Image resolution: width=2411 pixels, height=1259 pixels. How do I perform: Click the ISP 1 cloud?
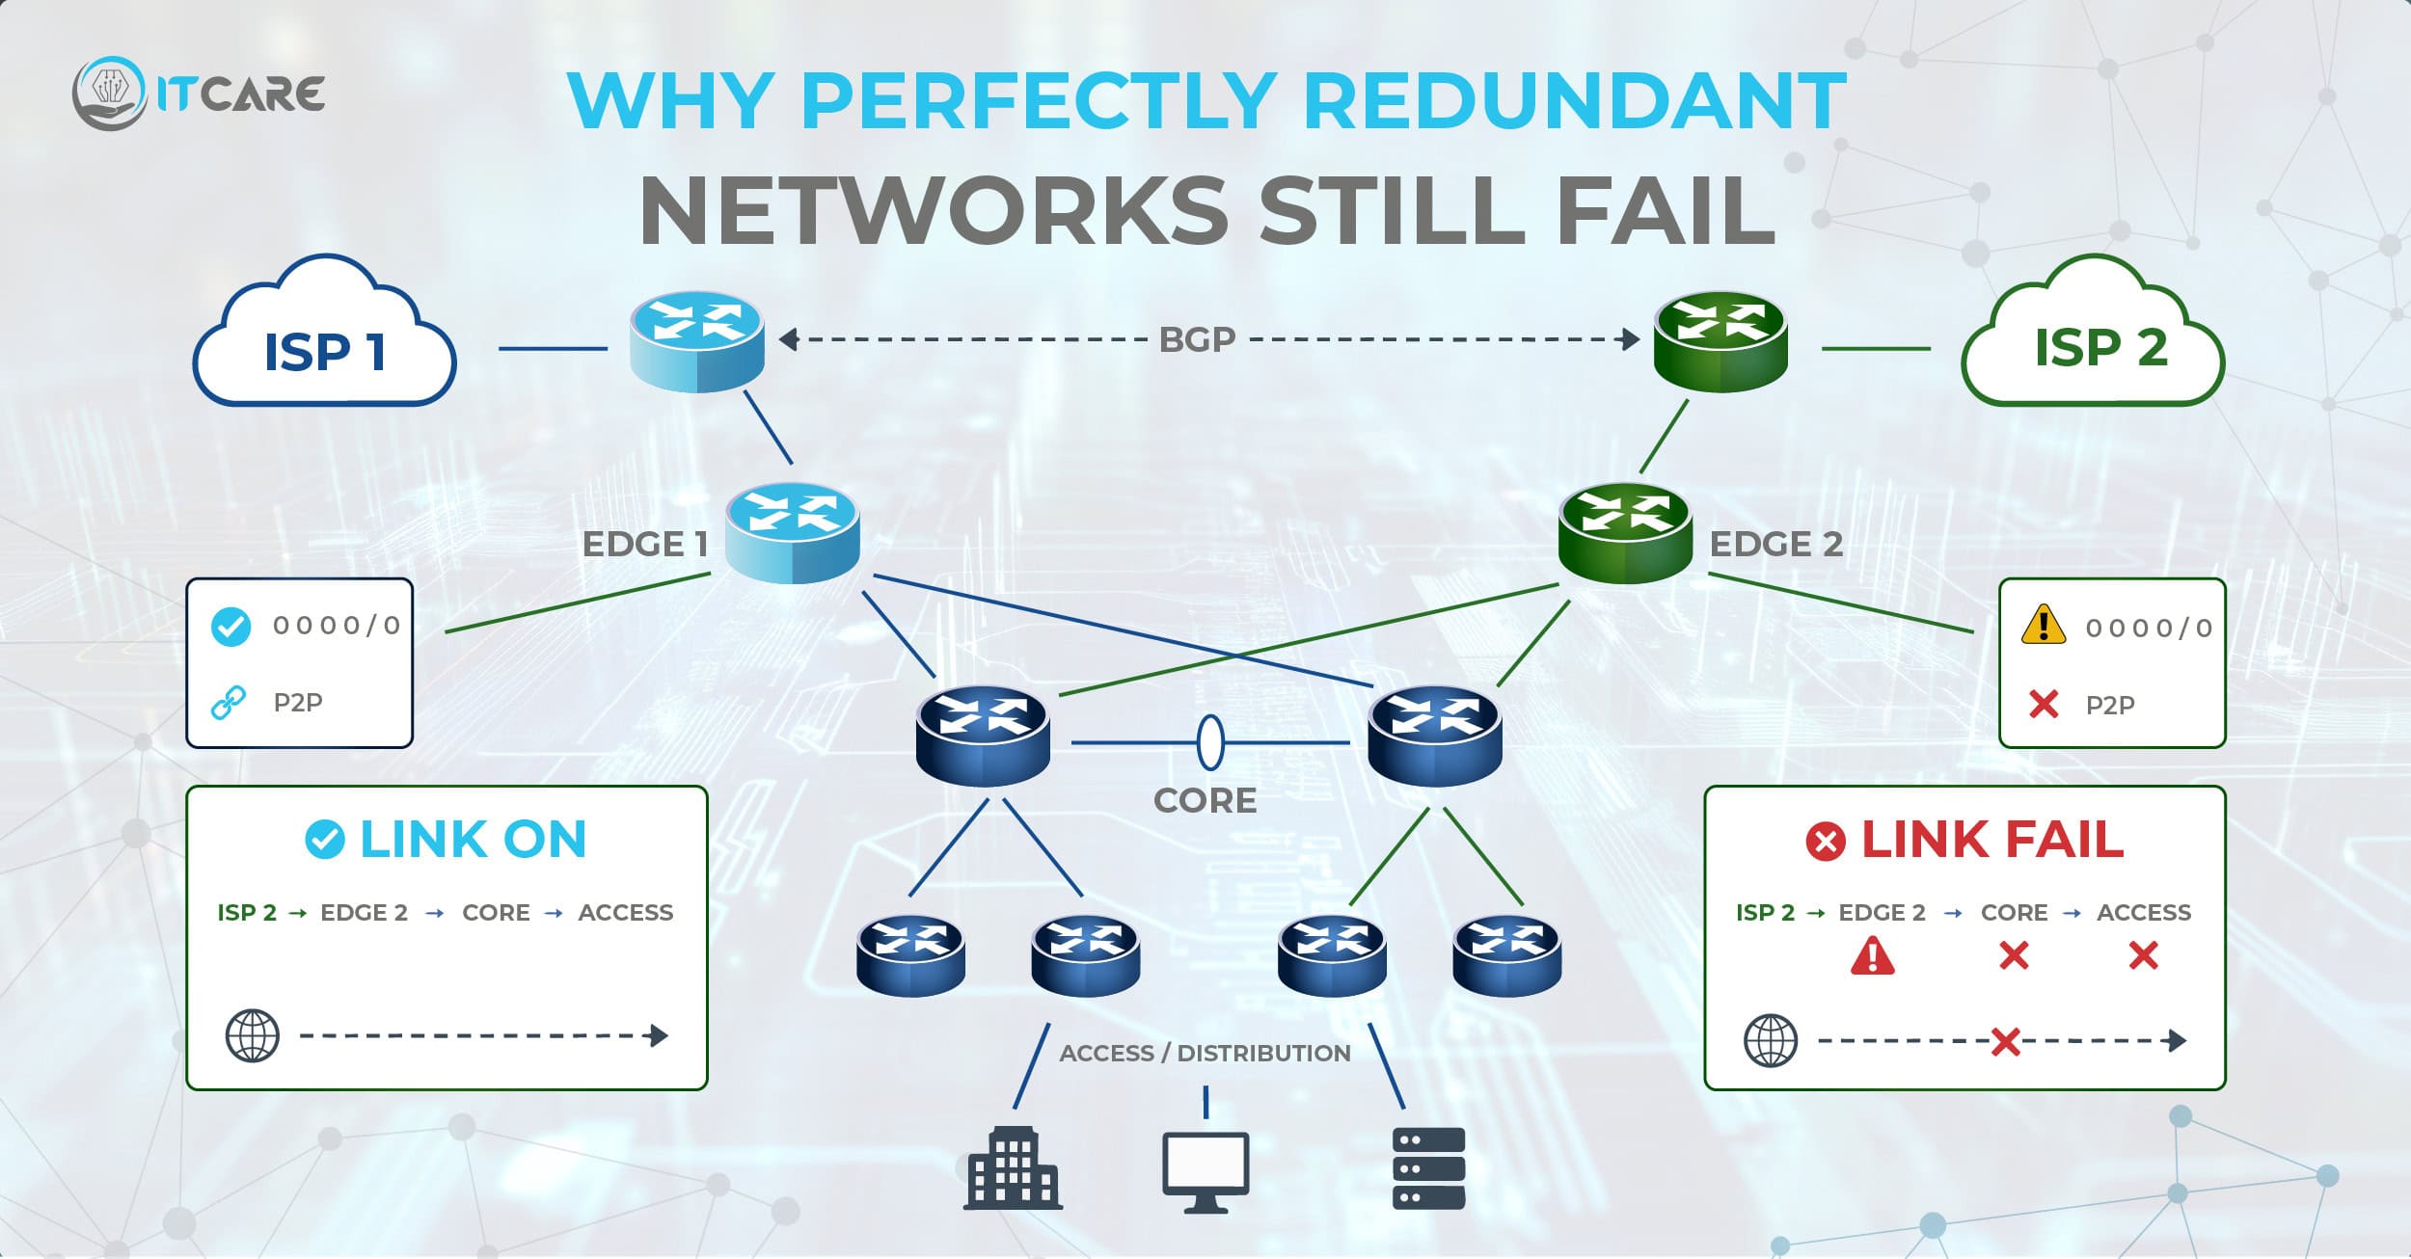(x=324, y=337)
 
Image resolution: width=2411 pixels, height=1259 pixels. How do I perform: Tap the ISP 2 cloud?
(x=2093, y=337)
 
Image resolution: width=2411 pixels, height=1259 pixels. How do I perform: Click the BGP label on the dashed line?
(x=1197, y=339)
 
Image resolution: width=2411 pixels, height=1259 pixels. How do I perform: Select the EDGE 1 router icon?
(x=792, y=532)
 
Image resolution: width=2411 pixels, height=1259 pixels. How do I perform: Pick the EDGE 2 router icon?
(x=1625, y=532)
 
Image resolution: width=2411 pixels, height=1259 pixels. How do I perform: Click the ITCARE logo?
(x=199, y=94)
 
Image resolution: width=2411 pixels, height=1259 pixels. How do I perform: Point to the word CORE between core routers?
(x=1205, y=800)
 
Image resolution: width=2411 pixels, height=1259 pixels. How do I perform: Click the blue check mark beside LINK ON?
(x=324, y=840)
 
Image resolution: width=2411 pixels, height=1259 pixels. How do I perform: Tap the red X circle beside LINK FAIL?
(x=1825, y=842)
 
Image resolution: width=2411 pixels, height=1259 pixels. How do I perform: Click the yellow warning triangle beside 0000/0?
(x=2043, y=625)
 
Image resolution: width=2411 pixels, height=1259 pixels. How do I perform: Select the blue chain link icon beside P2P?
(x=229, y=703)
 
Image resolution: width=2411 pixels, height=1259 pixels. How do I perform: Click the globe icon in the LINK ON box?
(x=252, y=1036)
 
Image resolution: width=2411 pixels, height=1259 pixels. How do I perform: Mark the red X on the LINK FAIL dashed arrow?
(x=2005, y=1041)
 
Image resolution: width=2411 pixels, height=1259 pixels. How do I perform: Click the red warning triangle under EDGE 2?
(x=1872, y=955)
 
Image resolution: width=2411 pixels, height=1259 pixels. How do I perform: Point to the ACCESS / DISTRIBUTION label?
(x=1205, y=1053)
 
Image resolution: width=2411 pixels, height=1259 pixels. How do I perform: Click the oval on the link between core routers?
(x=1210, y=742)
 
